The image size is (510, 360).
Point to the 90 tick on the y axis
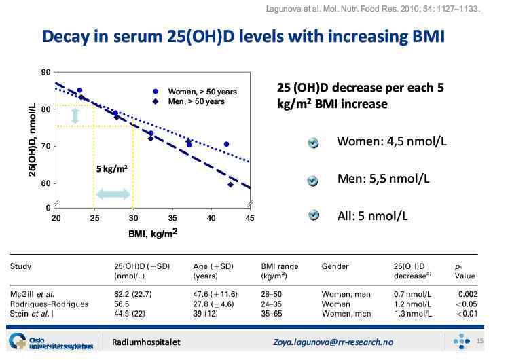[x=45, y=73]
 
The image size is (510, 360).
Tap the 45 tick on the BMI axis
[x=249, y=218]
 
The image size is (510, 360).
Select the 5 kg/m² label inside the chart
[x=112, y=168]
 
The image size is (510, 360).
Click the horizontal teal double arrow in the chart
[x=113, y=194]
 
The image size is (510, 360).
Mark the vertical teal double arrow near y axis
[x=75, y=115]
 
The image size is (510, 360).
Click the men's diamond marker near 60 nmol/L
[x=231, y=185]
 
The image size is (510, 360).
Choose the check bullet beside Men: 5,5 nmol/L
[x=313, y=181]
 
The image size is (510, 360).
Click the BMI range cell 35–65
[x=272, y=314]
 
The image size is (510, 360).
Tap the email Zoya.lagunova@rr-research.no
[x=333, y=342]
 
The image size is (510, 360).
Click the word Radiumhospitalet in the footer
[x=147, y=342]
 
